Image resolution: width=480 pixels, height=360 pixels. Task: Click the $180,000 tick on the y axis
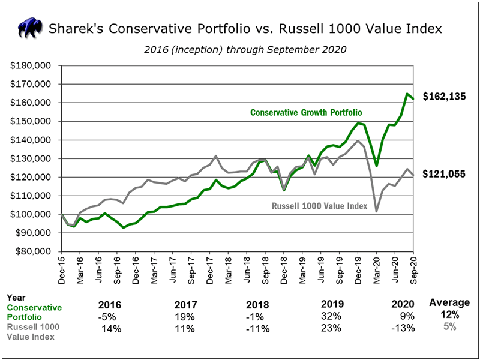pos(32,65)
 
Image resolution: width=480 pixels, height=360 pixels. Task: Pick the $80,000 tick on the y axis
pos(34,251)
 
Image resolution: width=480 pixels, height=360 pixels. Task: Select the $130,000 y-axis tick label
pos(32,158)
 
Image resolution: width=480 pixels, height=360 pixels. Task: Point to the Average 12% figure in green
pos(449,315)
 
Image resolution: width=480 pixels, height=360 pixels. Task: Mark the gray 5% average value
pos(449,327)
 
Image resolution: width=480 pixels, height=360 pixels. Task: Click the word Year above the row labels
pos(16,297)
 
